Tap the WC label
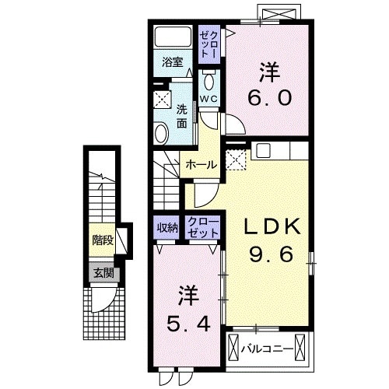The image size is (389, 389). point(208,99)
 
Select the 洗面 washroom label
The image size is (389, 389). point(181,116)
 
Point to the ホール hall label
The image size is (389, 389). point(202,165)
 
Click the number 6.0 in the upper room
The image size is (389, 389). point(268,98)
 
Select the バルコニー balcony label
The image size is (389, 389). point(268,349)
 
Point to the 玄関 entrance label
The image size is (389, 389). point(103,273)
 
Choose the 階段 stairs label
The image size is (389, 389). point(102,240)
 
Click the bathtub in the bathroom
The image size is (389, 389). point(173,37)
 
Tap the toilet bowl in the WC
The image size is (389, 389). point(209,82)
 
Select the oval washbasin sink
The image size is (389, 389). point(162,134)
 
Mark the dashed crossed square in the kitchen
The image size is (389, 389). point(234,160)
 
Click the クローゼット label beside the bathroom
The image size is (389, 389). point(209,44)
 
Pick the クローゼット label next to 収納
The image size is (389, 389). point(203,227)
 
